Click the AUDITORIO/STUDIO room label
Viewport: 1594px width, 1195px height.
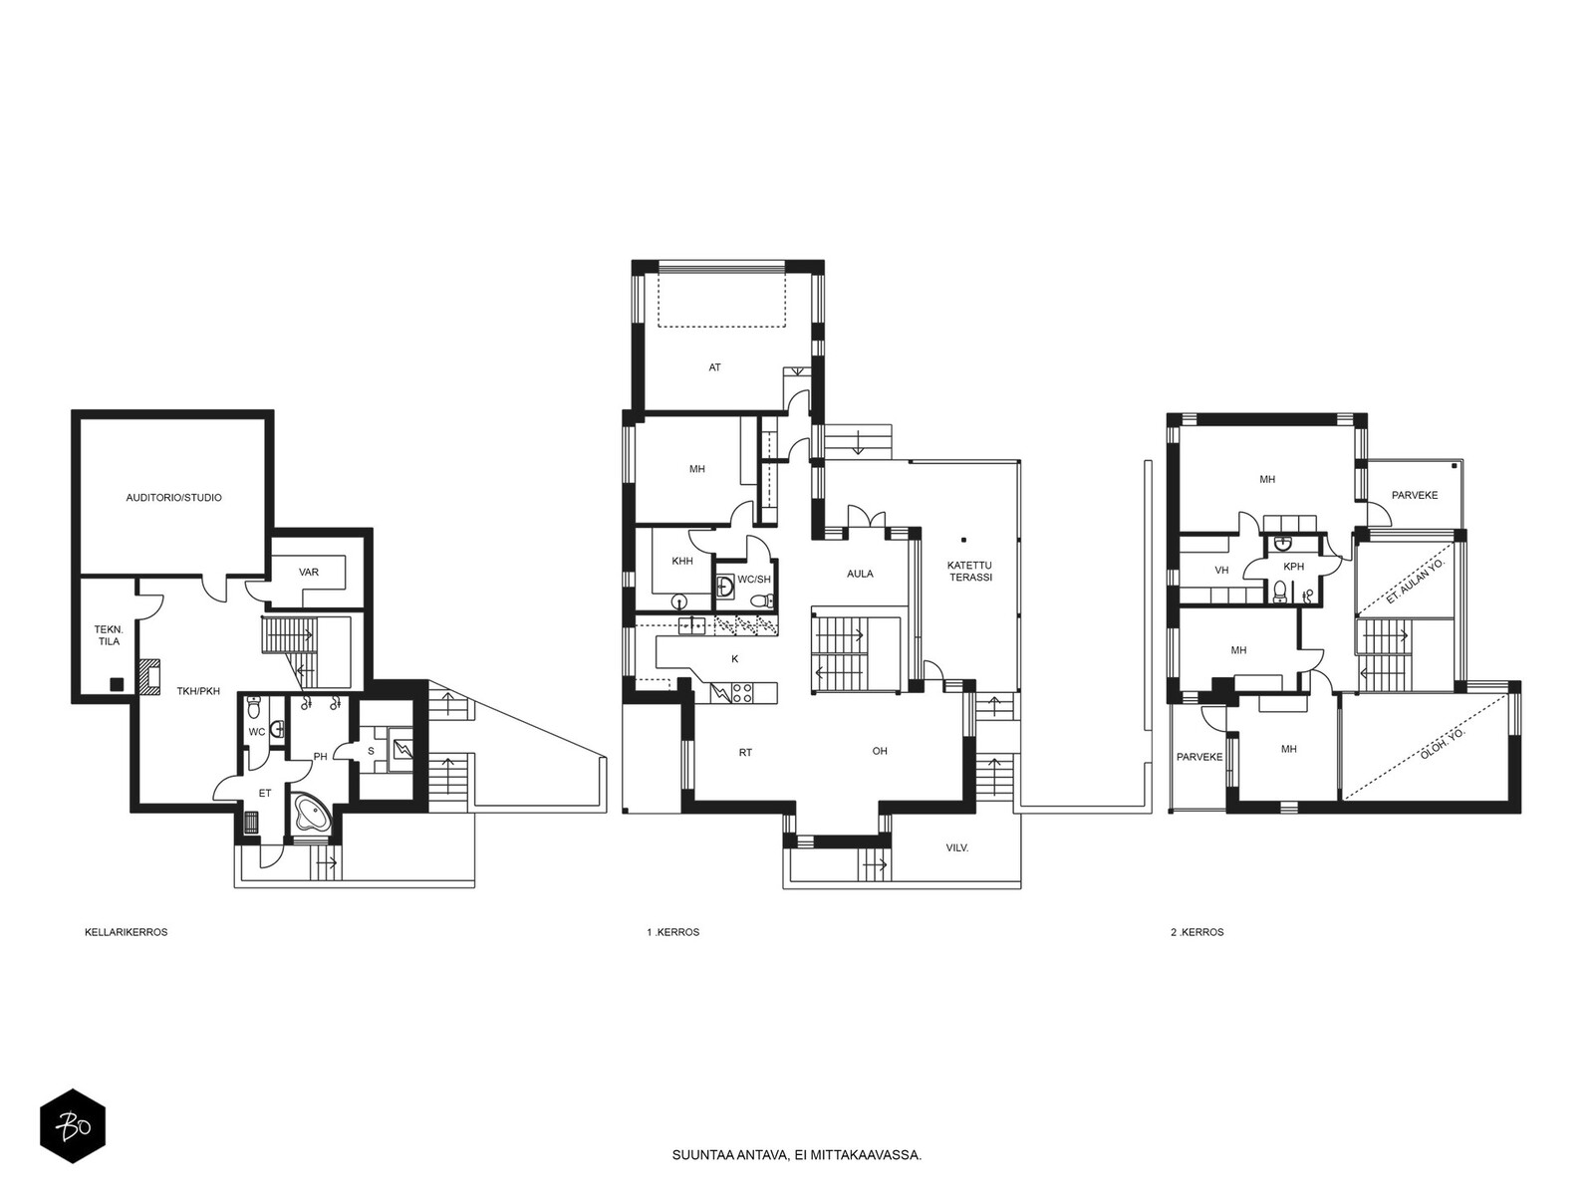pyautogui.click(x=173, y=498)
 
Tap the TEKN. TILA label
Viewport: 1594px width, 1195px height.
pyautogui.click(x=108, y=635)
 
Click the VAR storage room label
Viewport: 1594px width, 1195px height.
pyautogui.click(x=309, y=572)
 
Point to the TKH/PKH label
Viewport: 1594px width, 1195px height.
pyautogui.click(x=198, y=691)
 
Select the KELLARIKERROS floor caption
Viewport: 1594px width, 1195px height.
pyautogui.click(x=127, y=932)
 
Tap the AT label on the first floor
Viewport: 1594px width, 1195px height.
pyautogui.click(x=714, y=367)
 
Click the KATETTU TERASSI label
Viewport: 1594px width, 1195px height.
pyautogui.click(x=968, y=571)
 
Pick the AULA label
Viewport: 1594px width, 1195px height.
pyautogui.click(x=860, y=574)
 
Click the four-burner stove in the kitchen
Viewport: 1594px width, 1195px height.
pyautogui.click(x=742, y=693)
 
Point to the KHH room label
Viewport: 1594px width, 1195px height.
pyautogui.click(x=681, y=561)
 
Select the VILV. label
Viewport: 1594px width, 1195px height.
pyautogui.click(x=957, y=847)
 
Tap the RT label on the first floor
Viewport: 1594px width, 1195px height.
pyautogui.click(x=745, y=753)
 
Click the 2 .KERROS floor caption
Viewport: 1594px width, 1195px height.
pyautogui.click(x=1196, y=932)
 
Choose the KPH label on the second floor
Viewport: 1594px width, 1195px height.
pyautogui.click(x=1293, y=567)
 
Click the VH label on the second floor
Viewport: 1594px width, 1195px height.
pyautogui.click(x=1221, y=571)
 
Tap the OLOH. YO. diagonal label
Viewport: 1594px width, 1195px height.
pyautogui.click(x=1443, y=744)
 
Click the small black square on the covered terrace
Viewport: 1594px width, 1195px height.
pyautogui.click(x=963, y=539)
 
